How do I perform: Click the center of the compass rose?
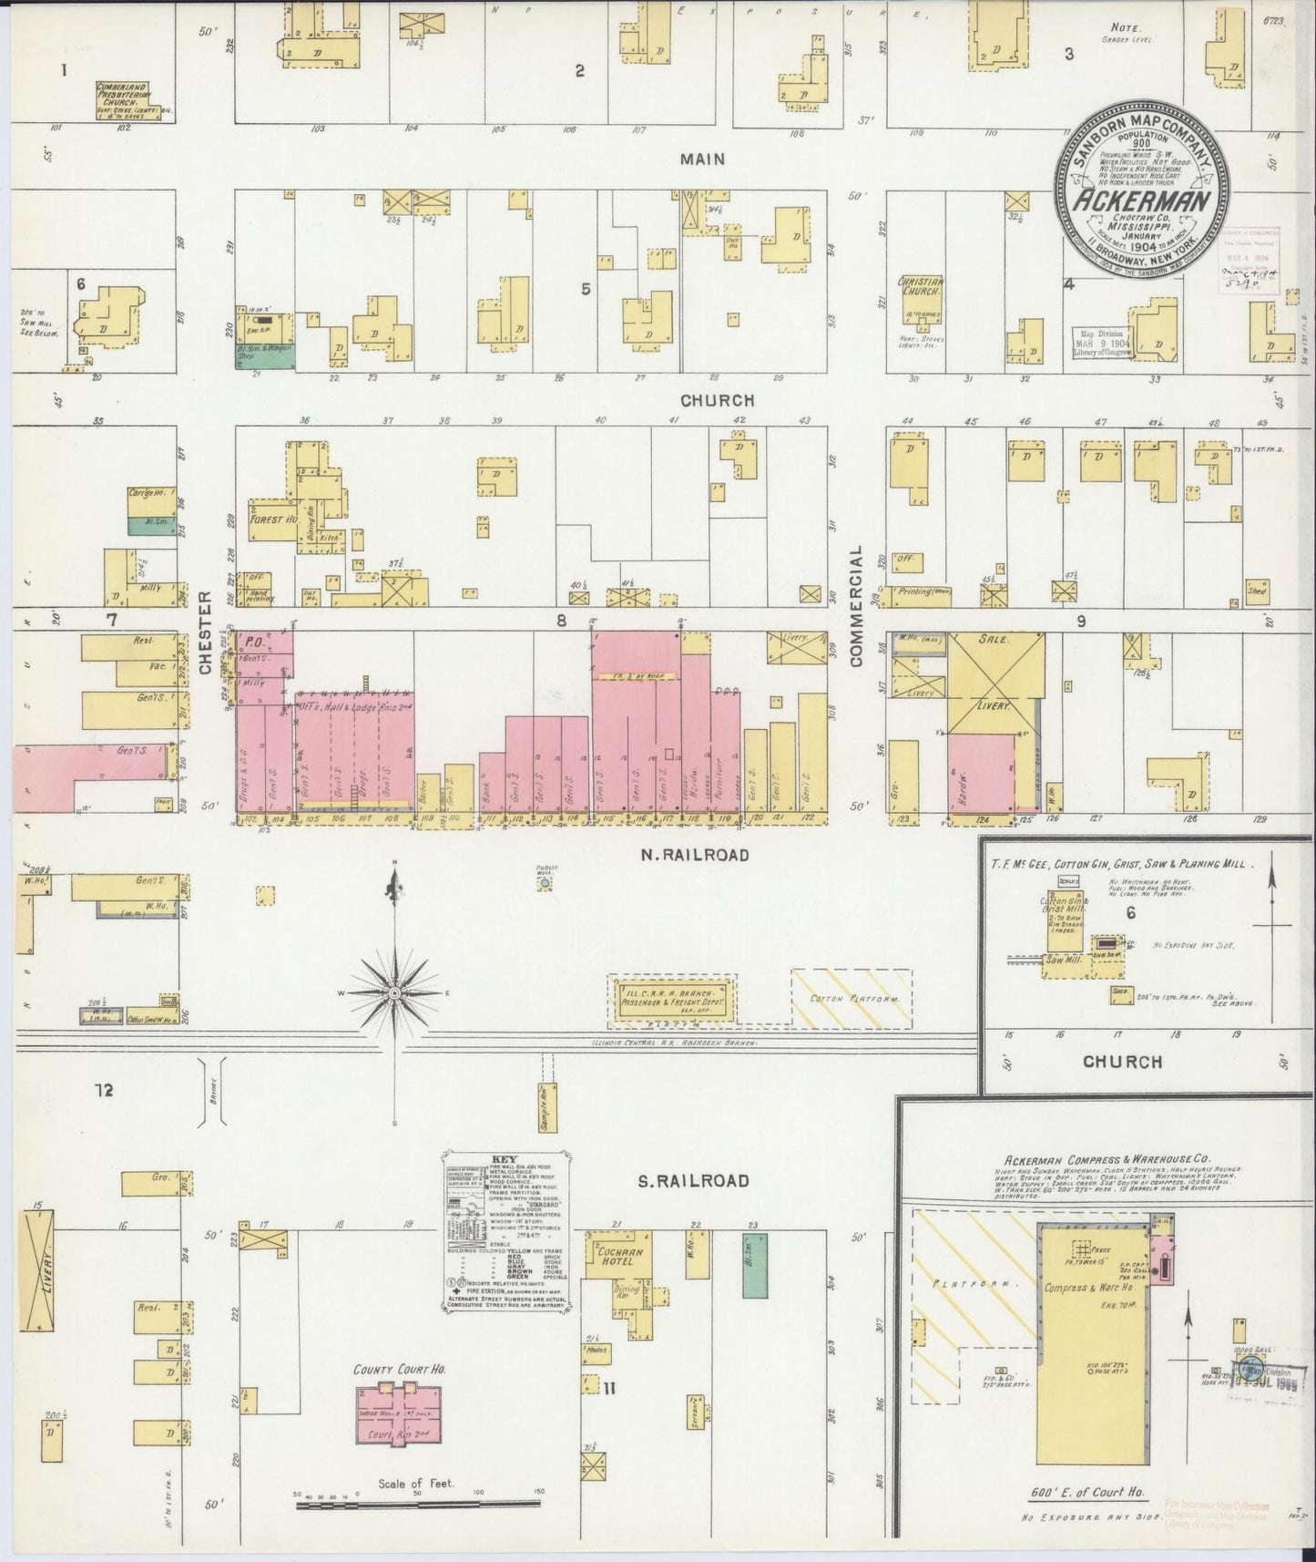pyautogui.click(x=394, y=992)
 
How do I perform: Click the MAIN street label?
pyautogui.click(x=703, y=159)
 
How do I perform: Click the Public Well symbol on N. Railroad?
pyautogui.click(x=545, y=884)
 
